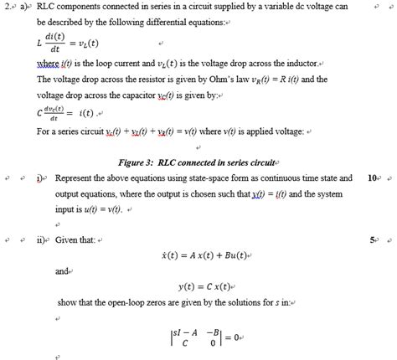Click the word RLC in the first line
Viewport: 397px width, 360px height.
coord(49,8)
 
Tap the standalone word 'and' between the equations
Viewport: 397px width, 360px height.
coord(61,270)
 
